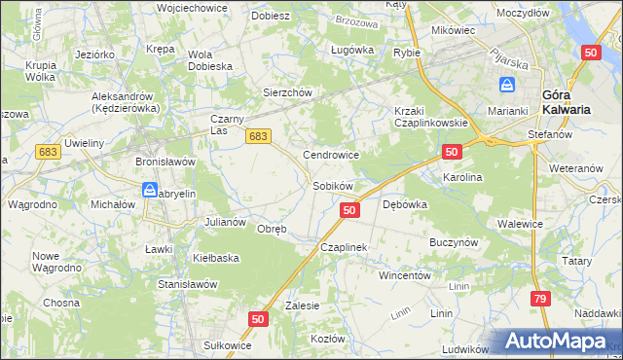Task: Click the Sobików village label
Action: point(332,185)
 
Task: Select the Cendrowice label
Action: point(332,155)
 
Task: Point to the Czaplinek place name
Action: point(344,248)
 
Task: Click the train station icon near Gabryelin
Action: point(149,189)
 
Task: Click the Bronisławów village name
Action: point(165,161)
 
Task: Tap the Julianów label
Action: point(224,222)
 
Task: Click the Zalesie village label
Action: point(303,305)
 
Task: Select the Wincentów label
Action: point(405,275)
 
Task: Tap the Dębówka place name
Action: point(406,205)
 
